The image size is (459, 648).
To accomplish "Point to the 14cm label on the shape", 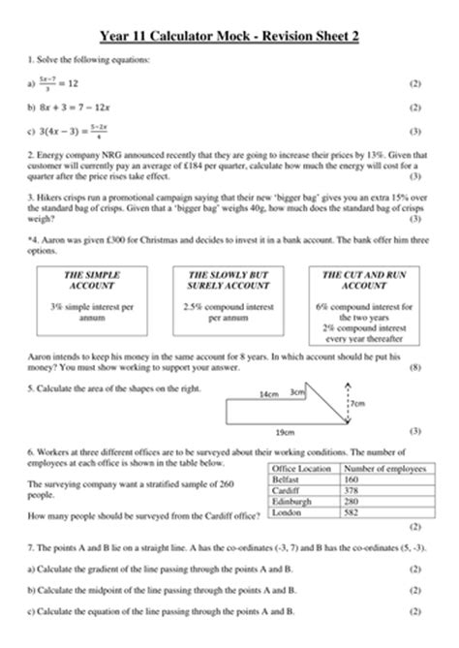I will pos(269,394).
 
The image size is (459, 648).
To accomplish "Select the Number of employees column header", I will pos(380,469).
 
